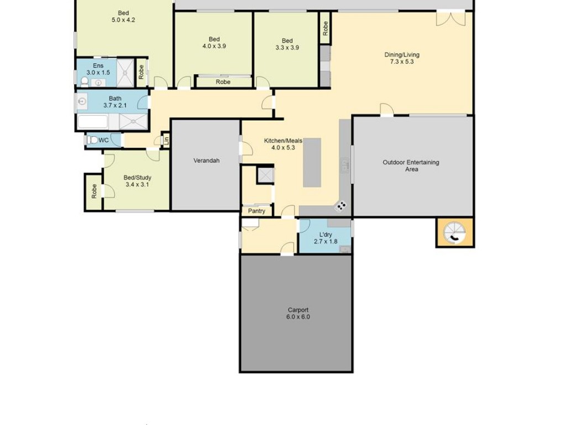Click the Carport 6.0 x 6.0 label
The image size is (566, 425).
coord(298,313)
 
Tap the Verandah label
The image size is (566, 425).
coord(207,160)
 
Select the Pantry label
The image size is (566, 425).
coord(256,211)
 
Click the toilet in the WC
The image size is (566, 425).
coord(92,140)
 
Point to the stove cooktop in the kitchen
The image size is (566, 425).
coord(340,206)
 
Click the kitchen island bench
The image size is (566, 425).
coord(312,162)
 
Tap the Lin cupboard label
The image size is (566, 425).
coord(166,140)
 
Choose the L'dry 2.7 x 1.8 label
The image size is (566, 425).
coord(326,238)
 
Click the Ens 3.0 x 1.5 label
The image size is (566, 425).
coord(98,69)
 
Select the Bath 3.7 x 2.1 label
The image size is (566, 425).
coord(115,102)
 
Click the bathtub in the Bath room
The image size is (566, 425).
coord(93,122)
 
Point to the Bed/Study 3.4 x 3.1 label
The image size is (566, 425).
coord(137,181)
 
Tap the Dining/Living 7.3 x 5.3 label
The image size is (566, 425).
coord(402,58)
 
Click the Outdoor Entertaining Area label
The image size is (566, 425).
coord(411,165)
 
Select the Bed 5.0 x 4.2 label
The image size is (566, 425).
coord(123,17)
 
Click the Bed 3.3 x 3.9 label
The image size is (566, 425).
coord(287,44)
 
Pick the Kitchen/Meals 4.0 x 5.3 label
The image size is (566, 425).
coord(284,144)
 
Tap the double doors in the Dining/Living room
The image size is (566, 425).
coord(450,19)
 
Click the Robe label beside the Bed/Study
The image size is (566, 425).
coord(94,191)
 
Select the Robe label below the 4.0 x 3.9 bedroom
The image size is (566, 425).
coord(223,82)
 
